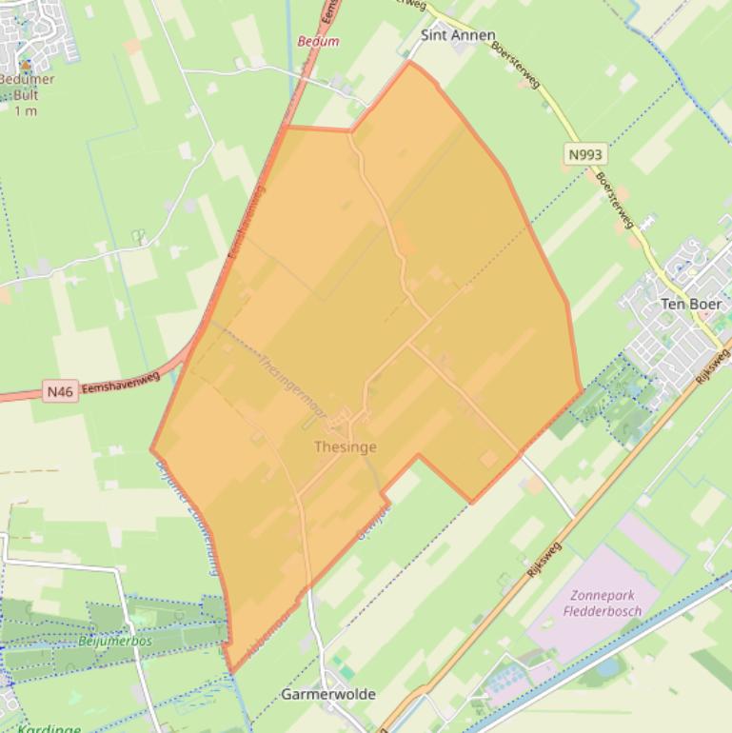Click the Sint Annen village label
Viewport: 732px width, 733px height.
pos(458,35)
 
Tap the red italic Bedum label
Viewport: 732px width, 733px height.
pos(318,42)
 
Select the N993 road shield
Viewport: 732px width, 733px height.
pos(584,154)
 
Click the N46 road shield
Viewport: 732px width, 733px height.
pos(59,391)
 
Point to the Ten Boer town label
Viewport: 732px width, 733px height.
pos(691,304)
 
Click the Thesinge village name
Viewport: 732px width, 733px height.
pos(346,446)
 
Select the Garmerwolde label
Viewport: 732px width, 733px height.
pos(328,694)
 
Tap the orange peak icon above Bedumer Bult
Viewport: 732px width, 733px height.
pos(26,65)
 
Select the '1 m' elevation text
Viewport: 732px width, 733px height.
pos(26,110)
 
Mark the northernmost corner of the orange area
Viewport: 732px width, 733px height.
pos(410,63)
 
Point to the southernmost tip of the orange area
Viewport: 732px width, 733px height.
pos(231,672)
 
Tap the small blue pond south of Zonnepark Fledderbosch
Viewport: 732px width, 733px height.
pos(606,666)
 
